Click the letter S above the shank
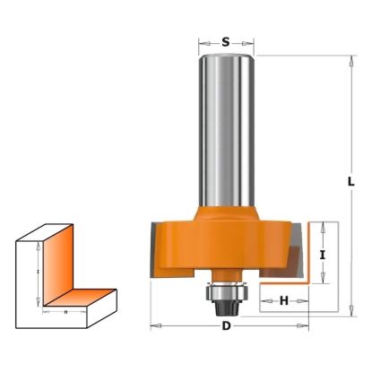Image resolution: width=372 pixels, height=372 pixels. point(226,41)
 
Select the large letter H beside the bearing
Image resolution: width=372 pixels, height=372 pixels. point(284,301)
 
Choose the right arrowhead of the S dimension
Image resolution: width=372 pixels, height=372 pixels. point(255,41)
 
